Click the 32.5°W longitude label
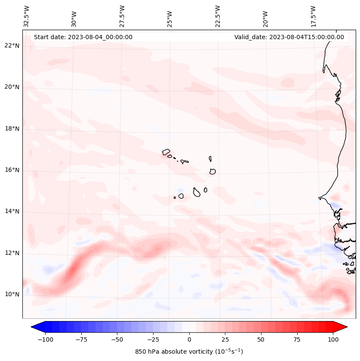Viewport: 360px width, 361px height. pos(27,16)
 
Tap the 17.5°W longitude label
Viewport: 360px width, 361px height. pos(313,16)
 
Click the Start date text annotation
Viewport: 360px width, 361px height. pos(83,37)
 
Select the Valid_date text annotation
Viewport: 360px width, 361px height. pos(289,37)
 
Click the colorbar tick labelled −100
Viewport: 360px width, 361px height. pos(45,339)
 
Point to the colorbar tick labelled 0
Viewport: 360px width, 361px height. pos(189,339)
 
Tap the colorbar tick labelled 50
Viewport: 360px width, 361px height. pos(261,339)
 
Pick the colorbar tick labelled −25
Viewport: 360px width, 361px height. pos(153,339)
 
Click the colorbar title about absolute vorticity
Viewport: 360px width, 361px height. pos(189,352)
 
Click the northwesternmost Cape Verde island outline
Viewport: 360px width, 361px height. pos(166,151)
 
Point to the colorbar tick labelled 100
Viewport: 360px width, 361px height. pos(332,339)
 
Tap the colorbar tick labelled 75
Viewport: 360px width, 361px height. pos(297,339)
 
